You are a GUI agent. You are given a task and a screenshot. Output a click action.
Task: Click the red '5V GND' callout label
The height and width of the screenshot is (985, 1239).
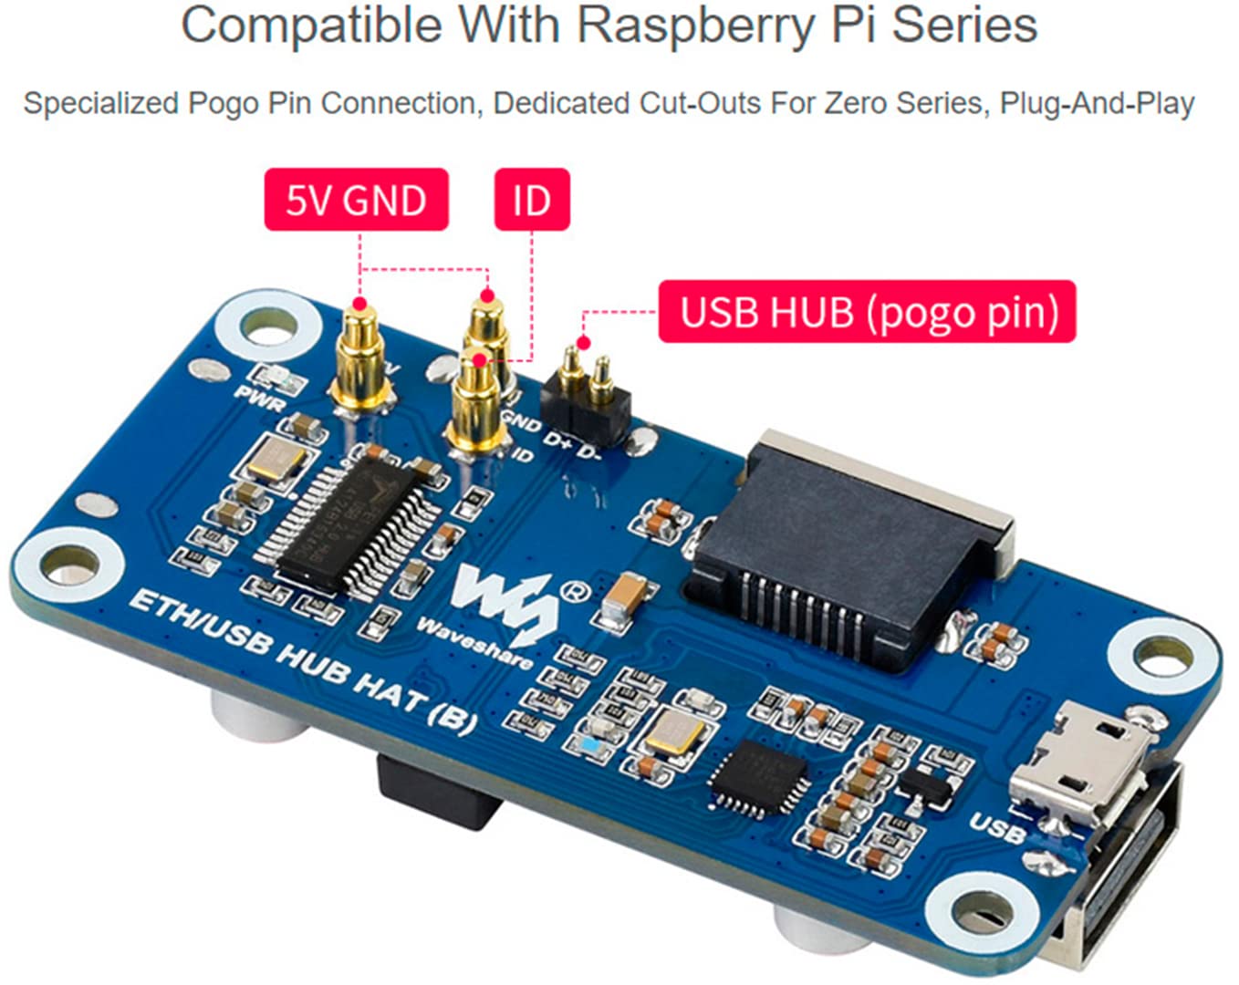tap(356, 200)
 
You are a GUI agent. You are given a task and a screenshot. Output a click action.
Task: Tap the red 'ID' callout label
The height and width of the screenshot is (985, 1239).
tap(532, 200)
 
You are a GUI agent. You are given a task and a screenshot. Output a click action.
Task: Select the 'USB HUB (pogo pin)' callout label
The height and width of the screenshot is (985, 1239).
tap(868, 312)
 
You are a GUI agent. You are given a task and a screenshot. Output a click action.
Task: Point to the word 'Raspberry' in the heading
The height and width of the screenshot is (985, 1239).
tap(694, 26)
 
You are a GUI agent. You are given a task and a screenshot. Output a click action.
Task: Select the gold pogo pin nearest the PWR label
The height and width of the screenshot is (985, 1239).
tap(360, 356)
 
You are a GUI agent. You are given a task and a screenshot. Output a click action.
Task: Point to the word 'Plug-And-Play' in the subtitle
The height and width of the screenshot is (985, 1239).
tap(1098, 103)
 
